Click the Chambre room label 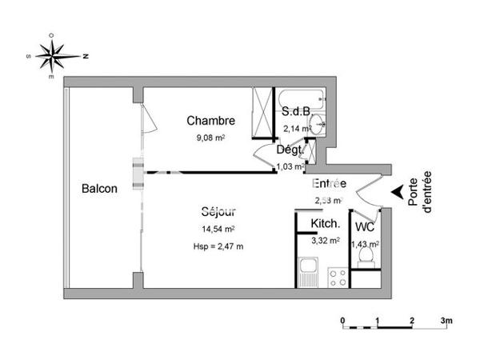(x=210, y=122)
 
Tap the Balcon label (x=100, y=190)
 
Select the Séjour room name (x=218, y=213)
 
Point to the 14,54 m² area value (x=218, y=230)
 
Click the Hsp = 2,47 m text (x=218, y=246)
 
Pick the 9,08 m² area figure (x=210, y=138)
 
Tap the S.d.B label (x=295, y=112)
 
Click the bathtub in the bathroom (x=298, y=100)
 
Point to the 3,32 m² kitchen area (x=325, y=239)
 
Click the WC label (x=365, y=226)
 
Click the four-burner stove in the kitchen (x=337, y=276)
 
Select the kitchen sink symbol (x=307, y=273)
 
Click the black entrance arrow (x=397, y=193)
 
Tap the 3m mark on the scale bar (x=446, y=321)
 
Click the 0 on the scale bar (x=342, y=321)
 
